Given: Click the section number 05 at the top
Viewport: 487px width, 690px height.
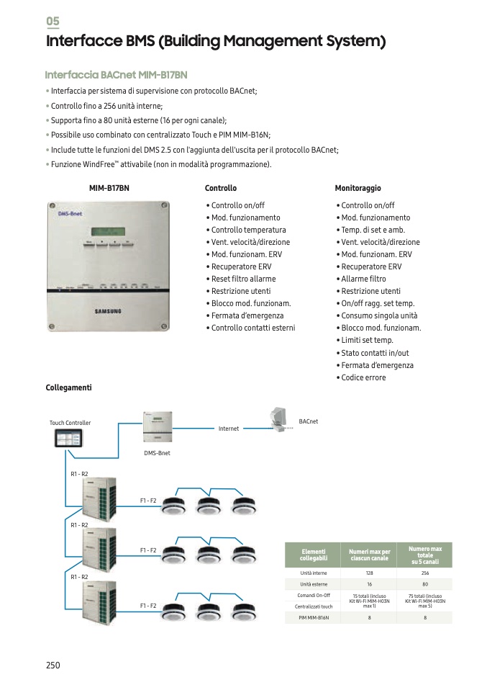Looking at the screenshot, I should [53, 22].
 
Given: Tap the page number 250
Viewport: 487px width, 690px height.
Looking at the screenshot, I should [53, 665].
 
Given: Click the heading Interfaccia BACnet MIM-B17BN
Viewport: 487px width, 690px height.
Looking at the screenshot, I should [116, 74].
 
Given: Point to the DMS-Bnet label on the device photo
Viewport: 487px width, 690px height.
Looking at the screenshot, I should [70, 214].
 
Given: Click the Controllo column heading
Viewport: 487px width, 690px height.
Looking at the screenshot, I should [221, 188].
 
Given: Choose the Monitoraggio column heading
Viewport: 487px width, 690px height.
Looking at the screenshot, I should [358, 188].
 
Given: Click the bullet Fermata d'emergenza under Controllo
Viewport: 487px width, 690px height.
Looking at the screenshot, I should [247, 315].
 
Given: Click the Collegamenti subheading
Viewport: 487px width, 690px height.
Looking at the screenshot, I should [69, 387].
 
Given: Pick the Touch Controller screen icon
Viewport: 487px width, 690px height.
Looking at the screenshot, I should [69, 439].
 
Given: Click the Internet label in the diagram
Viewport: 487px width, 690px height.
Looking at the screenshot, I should [229, 429].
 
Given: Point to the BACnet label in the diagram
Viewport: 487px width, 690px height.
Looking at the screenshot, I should [308, 421].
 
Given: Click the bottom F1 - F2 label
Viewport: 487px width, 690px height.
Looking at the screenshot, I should [148, 606].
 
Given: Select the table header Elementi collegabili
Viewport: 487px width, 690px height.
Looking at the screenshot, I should [314, 555].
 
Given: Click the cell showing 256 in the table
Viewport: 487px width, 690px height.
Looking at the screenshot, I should [424, 573].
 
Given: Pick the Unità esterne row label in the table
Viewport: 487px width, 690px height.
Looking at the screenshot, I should [314, 584].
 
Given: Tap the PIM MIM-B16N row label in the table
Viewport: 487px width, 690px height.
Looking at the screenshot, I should [314, 617].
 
